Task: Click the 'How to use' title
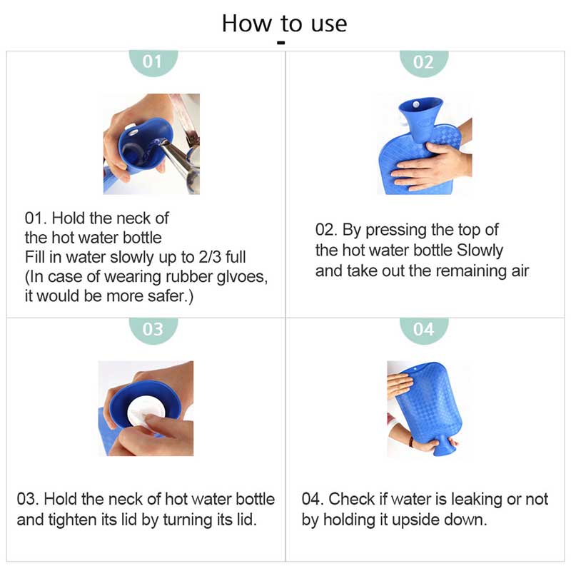tap(284, 24)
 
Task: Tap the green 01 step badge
tap(153, 63)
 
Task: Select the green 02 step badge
tap(423, 63)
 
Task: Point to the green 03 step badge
tap(153, 330)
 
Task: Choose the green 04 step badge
tap(423, 330)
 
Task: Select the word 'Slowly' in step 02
tap(480, 251)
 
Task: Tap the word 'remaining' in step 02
tap(470, 271)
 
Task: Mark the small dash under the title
tap(281, 43)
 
